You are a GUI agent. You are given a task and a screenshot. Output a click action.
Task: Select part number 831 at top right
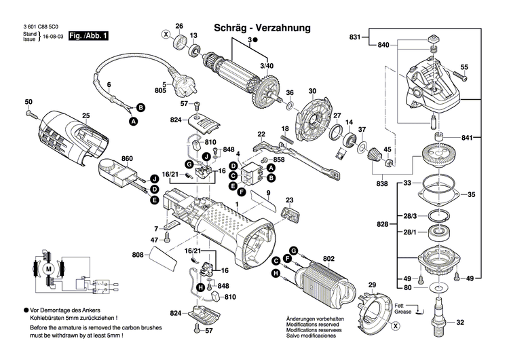coord(355,36)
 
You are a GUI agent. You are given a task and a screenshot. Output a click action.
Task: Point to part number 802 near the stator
coord(329,259)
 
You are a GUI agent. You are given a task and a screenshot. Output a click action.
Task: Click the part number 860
coord(127,159)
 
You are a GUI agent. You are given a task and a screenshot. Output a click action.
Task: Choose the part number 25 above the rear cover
coord(86,115)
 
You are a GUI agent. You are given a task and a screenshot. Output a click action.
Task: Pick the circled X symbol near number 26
coord(165,34)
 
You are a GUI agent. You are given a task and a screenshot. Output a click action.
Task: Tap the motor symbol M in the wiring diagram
coord(48,270)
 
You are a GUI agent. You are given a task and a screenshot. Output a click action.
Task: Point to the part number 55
coord(464,67)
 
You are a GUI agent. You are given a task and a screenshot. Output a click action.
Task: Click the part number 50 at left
coord(29,102)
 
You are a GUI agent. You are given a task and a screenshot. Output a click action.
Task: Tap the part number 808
coord(138,255)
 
